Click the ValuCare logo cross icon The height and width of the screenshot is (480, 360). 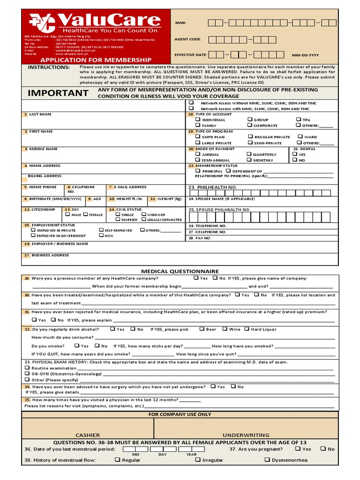[42, 22]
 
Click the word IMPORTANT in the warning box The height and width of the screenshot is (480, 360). [58, 93]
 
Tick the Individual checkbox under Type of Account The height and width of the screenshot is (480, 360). [198, 120]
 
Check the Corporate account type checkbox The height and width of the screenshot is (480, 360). [250, 125]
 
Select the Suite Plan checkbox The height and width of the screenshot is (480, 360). [198, 136]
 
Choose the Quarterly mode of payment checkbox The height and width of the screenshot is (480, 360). [249, 154]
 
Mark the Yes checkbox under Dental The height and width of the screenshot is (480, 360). [294, 154]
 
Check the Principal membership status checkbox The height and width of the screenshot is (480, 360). [198, 171]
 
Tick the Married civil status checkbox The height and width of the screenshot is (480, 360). [118, 219]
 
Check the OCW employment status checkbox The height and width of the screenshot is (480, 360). [101, 235]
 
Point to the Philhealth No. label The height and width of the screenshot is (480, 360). [212, 187]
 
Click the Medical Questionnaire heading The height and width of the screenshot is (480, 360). [180, 271]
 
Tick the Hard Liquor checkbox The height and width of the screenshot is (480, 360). [247, 329]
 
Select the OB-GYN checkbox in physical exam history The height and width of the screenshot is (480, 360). [27, 374]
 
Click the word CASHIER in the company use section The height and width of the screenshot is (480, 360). [88, 435]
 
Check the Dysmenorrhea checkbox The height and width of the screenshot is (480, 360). [267, 460]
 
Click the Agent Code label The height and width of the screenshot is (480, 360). [188, 39]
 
